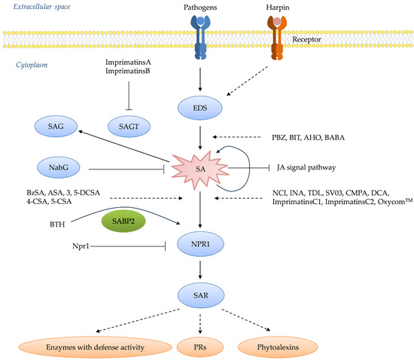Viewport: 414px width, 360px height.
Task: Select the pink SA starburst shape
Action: (200, 170)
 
